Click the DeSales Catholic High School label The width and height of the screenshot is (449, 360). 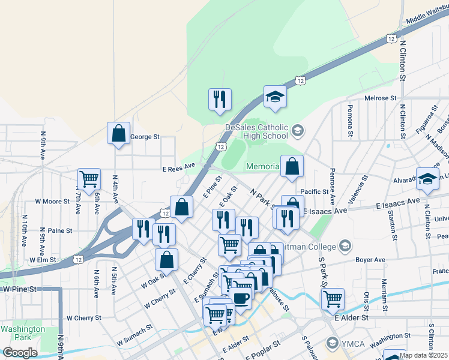click(257, 131)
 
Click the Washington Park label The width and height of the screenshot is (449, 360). click(22, 333)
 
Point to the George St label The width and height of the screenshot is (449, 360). click(145, 137)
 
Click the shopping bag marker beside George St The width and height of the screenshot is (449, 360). click(119, 133)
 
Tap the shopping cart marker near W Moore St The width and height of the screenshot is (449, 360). click(89, 179)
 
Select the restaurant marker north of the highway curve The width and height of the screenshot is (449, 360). click(220, 99)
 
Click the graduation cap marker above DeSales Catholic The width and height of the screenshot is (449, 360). click(275, 96)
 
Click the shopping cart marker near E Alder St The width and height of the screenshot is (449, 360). click(333, 298)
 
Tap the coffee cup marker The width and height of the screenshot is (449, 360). click(241, 298)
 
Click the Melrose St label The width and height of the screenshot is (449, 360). click(381, 98)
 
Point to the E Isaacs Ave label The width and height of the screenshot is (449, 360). click(325, 212)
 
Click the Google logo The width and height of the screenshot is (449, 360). click(20, 352)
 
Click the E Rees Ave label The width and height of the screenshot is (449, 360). click(178, 166)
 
